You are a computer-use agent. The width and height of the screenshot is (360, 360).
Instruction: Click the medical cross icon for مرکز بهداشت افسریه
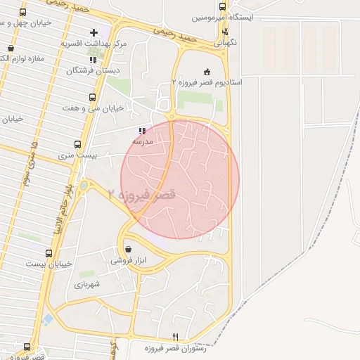point(94,32)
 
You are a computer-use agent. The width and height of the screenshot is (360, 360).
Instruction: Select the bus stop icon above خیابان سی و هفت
point(91,98)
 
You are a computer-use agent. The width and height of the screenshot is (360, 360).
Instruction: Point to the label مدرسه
point(143,141)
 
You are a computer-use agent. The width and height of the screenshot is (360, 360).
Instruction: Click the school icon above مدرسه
point(143,131)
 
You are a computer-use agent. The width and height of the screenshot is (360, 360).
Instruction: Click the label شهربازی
point(89,285)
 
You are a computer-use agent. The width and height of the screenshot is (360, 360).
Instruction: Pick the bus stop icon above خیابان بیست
point(49,253)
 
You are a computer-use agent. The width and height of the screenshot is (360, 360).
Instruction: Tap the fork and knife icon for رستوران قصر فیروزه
point(175,337)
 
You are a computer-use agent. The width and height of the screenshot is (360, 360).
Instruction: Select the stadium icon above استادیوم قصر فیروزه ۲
point(207,72)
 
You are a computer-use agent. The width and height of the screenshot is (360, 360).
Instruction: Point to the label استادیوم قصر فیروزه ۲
point(208,82)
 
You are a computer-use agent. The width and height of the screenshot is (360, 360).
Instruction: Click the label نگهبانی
point(226,42)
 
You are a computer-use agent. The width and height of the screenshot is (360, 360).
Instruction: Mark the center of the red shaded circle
point(180,179)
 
